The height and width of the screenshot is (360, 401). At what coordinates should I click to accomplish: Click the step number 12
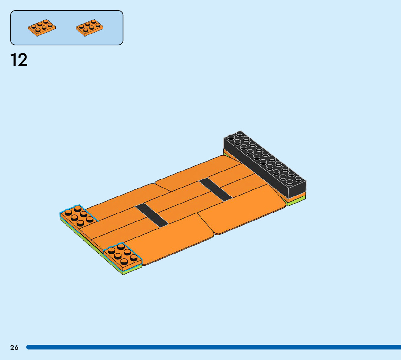18,60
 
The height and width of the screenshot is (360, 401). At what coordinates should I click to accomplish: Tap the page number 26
15,347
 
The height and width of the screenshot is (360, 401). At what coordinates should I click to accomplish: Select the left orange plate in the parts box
42,27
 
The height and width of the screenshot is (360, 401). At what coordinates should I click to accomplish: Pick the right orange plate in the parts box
90,27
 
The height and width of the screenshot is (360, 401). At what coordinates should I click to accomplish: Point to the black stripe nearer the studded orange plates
152,215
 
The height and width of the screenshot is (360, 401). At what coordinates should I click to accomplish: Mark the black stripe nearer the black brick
215,190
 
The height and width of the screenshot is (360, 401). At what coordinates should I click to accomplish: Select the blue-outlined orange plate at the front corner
122,256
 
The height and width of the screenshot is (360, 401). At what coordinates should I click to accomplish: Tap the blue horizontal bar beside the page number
214,347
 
